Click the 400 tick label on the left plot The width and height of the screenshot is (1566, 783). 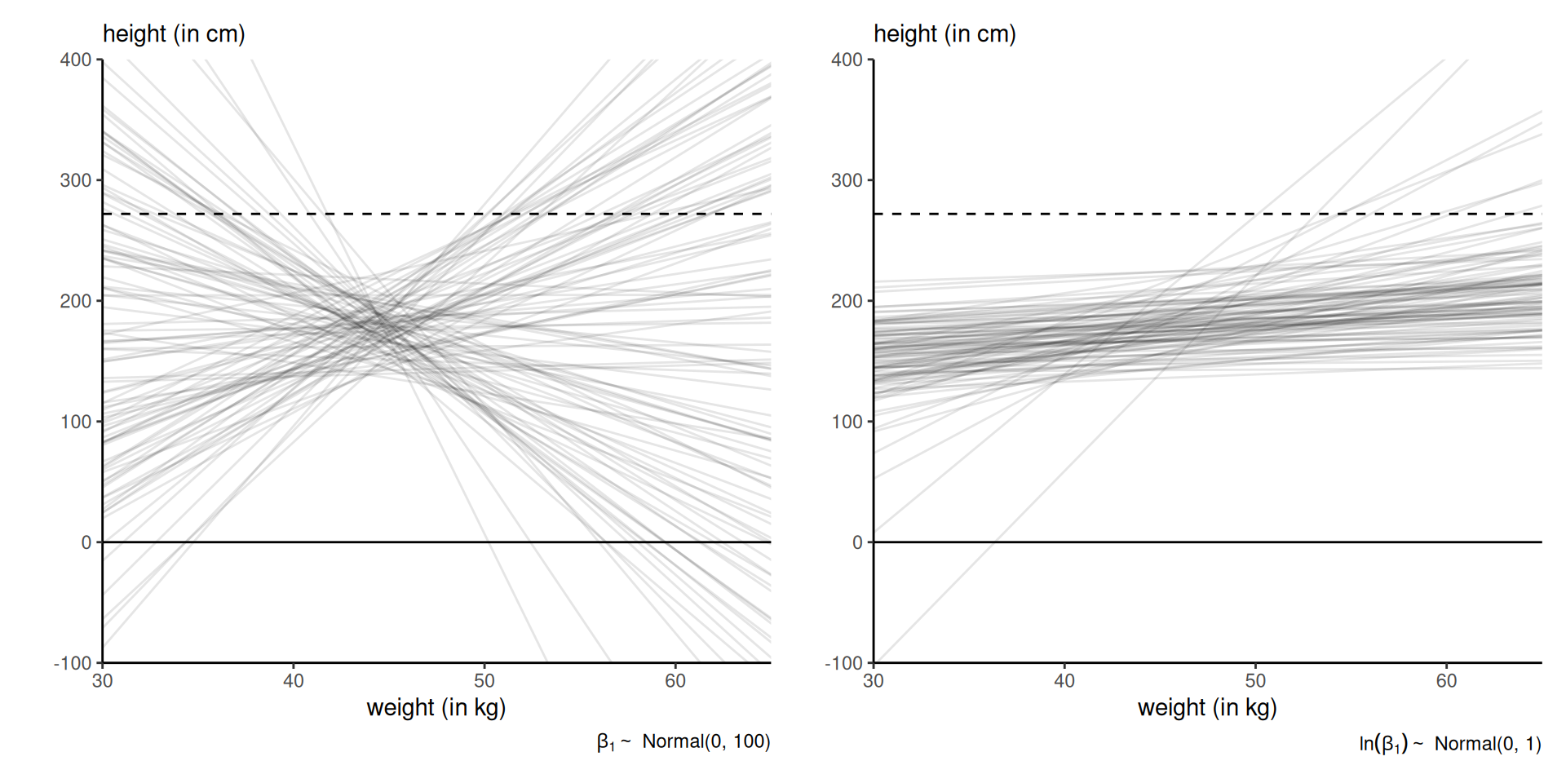(76, 60)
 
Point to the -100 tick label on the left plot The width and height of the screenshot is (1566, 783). (73, 663)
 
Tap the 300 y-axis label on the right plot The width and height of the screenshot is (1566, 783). (847, 180)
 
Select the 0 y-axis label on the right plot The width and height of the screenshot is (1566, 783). (856, 542)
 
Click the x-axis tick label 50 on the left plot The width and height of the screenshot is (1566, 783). (484, 681)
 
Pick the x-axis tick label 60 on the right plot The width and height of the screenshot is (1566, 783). (1446, 681)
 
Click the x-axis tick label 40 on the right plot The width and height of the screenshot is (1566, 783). (1064, 681)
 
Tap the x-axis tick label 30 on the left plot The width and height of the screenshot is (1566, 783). (103, 681)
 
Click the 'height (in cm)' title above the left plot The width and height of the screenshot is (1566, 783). (174, 34)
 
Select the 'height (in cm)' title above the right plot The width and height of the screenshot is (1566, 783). (944, 34)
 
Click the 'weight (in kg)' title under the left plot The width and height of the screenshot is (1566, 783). (436, 707)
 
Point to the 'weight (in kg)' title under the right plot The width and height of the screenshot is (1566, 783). (1207, 707)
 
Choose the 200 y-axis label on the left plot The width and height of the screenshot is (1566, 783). (76, 301)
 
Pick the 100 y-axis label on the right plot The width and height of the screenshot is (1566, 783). (847, 422)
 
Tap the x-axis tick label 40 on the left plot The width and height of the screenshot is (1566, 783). (294, 681)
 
